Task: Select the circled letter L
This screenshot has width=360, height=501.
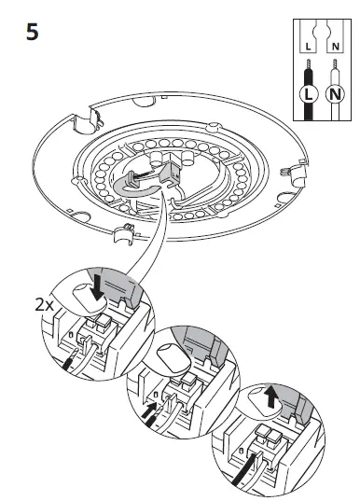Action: pyautogui.click(x=306, y=94)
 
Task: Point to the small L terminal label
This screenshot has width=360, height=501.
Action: pyautogui.click(x=306, y=45)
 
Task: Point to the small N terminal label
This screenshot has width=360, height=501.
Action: pyautogui.click(x=334, y=45)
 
